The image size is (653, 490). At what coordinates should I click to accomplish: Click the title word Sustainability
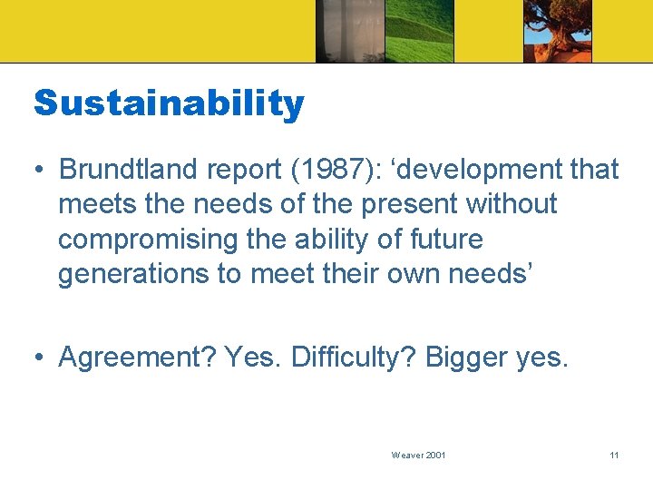click(x=169, y=104)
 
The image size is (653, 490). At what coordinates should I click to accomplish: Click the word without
click(x=512, y=204)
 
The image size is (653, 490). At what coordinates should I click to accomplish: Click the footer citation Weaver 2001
click(x=418, y=455)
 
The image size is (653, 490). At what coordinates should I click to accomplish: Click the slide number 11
click(x=614, y=455)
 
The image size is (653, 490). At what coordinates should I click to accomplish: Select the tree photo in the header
click(x=557, y=31)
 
